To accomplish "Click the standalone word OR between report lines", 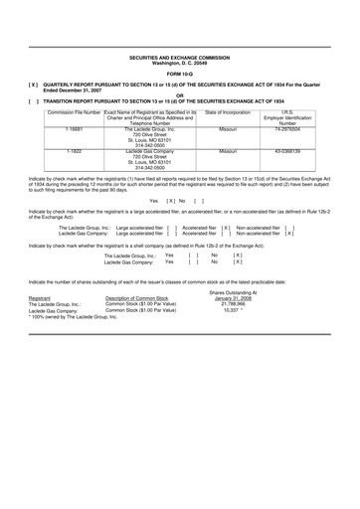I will tap(179, 92).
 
